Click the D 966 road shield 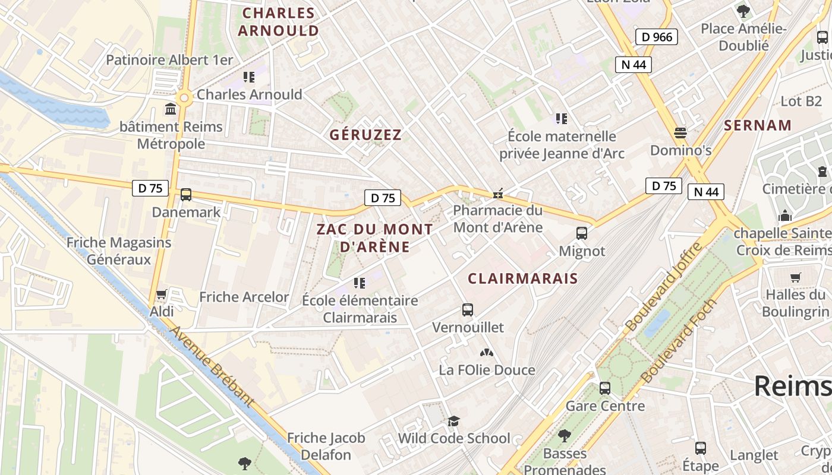[x=657, y=37]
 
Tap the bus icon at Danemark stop [x=186, y=195]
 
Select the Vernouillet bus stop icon [x=468, y=309]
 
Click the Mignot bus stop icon [x=582, y=233]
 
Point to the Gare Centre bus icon [x=605, y=388]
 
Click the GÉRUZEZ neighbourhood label [x=366, y=135]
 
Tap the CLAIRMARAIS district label [x=522, y=278]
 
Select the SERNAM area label [x=758, y=125]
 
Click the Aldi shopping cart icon [x=161, y=294]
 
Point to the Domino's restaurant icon [x=680, y=132]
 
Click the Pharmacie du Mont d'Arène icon [x=498, y=193]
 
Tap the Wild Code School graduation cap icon [x=454, y=421]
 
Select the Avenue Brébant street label [x=212, y=368]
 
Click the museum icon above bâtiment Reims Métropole [x=171, y=109]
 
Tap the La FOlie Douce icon [x=487, y=353]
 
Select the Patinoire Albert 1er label [x=169, y=60]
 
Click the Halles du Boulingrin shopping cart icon [x=795, y=277]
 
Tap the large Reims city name [x=793, y=387]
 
